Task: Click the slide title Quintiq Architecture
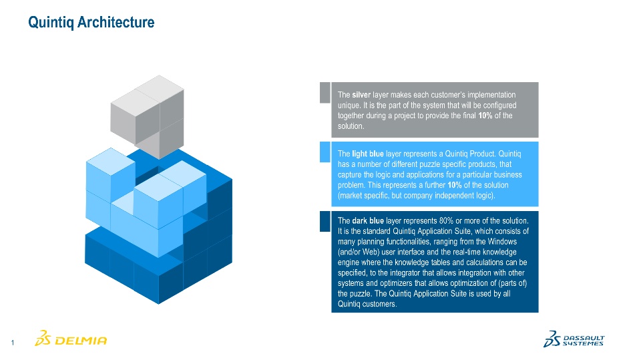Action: pyautogui.click(x=91, y=22)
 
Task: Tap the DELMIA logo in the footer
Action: pyautogui.click(x=71, y=339)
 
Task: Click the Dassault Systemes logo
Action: pyautogui.click(x=574, y=339)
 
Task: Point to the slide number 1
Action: pyautogui.click(x=13, y=343)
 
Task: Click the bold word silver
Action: pyautogui.click(x=361, y=95)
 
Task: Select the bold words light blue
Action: pyautogui.click(x=367, y=154)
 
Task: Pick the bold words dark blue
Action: pyautogui.click(x=368, y=221)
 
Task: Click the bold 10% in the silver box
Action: pyautogui.click(x=485, y=116)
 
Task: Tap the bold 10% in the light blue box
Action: pyautogui.click(x=455, y=185)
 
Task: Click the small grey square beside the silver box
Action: pyautogui.click(x=325, y=92)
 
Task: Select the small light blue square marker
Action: pyautogui.click(x=325, y=152)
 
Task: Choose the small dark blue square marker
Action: pyautogui.click(x=325, y=221)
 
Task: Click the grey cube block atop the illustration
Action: pyautogui.click(x=148, y=117)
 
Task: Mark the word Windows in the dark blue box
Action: pyautogui.click(x=502, y=242)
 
